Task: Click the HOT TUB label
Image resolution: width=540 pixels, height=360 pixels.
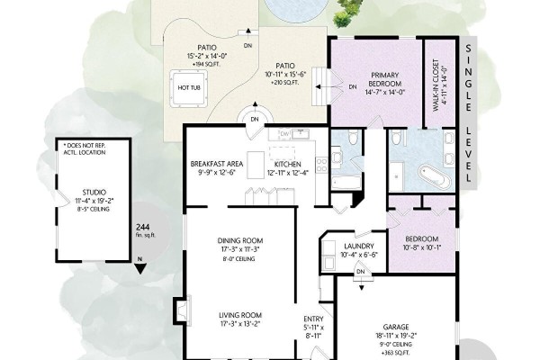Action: pos(189,87)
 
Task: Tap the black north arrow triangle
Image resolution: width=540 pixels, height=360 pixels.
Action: pos(139,268)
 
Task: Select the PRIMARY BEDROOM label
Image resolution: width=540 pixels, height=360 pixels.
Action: pos(384,79)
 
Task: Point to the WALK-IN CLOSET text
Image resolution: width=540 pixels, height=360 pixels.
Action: pos(436,85)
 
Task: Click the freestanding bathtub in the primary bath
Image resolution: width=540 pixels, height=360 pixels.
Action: pos(435,176)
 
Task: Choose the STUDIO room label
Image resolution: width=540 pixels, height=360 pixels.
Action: pos(94,193)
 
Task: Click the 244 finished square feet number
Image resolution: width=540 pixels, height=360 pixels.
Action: pos(142,227)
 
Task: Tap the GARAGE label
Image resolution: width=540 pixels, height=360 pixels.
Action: pos(396,327)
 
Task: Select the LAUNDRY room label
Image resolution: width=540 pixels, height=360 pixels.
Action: pos(359,247)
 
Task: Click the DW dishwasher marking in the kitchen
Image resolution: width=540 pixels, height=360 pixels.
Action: pos(284,134)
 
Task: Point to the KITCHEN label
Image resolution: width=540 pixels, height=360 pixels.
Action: pos(288,165)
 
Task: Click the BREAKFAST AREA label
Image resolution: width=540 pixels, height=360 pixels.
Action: pos(217,164)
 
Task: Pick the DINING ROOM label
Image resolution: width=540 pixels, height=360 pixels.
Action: pos(240,240)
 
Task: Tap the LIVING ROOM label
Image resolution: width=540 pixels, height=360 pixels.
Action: pos(240,315)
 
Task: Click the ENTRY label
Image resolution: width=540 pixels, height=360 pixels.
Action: pos(313,319)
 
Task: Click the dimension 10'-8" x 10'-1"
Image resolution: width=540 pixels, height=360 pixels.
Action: pos(421,247)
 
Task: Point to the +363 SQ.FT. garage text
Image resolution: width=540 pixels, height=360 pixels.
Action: pos(396,353)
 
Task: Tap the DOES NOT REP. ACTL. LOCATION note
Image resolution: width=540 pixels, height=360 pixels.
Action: pos(85,148)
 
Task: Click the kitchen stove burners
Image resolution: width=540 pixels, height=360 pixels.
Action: pos(321,165)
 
